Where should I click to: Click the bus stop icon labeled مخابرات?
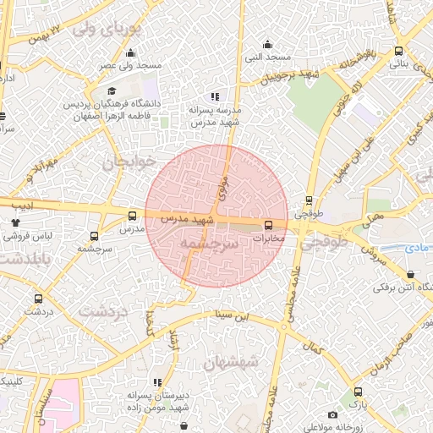[269, 224]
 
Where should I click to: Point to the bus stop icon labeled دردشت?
[38, 299]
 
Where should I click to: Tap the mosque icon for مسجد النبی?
[269, 44]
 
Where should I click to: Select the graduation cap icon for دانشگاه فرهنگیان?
[112, 91]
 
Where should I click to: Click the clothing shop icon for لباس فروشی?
[14, 222]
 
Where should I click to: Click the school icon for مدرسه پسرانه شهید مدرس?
[216, 96]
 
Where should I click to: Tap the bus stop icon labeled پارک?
[359, 392]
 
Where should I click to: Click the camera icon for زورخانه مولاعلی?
[332, 415]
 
